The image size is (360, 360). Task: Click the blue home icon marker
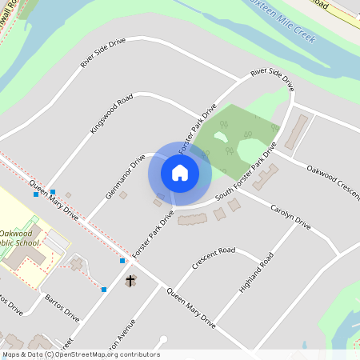(x=180, y=172)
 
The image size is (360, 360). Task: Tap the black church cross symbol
(x=130, y=281)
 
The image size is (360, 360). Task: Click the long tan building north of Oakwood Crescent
(x=298, y=127)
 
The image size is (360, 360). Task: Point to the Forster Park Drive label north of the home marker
(x=198, y=127)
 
